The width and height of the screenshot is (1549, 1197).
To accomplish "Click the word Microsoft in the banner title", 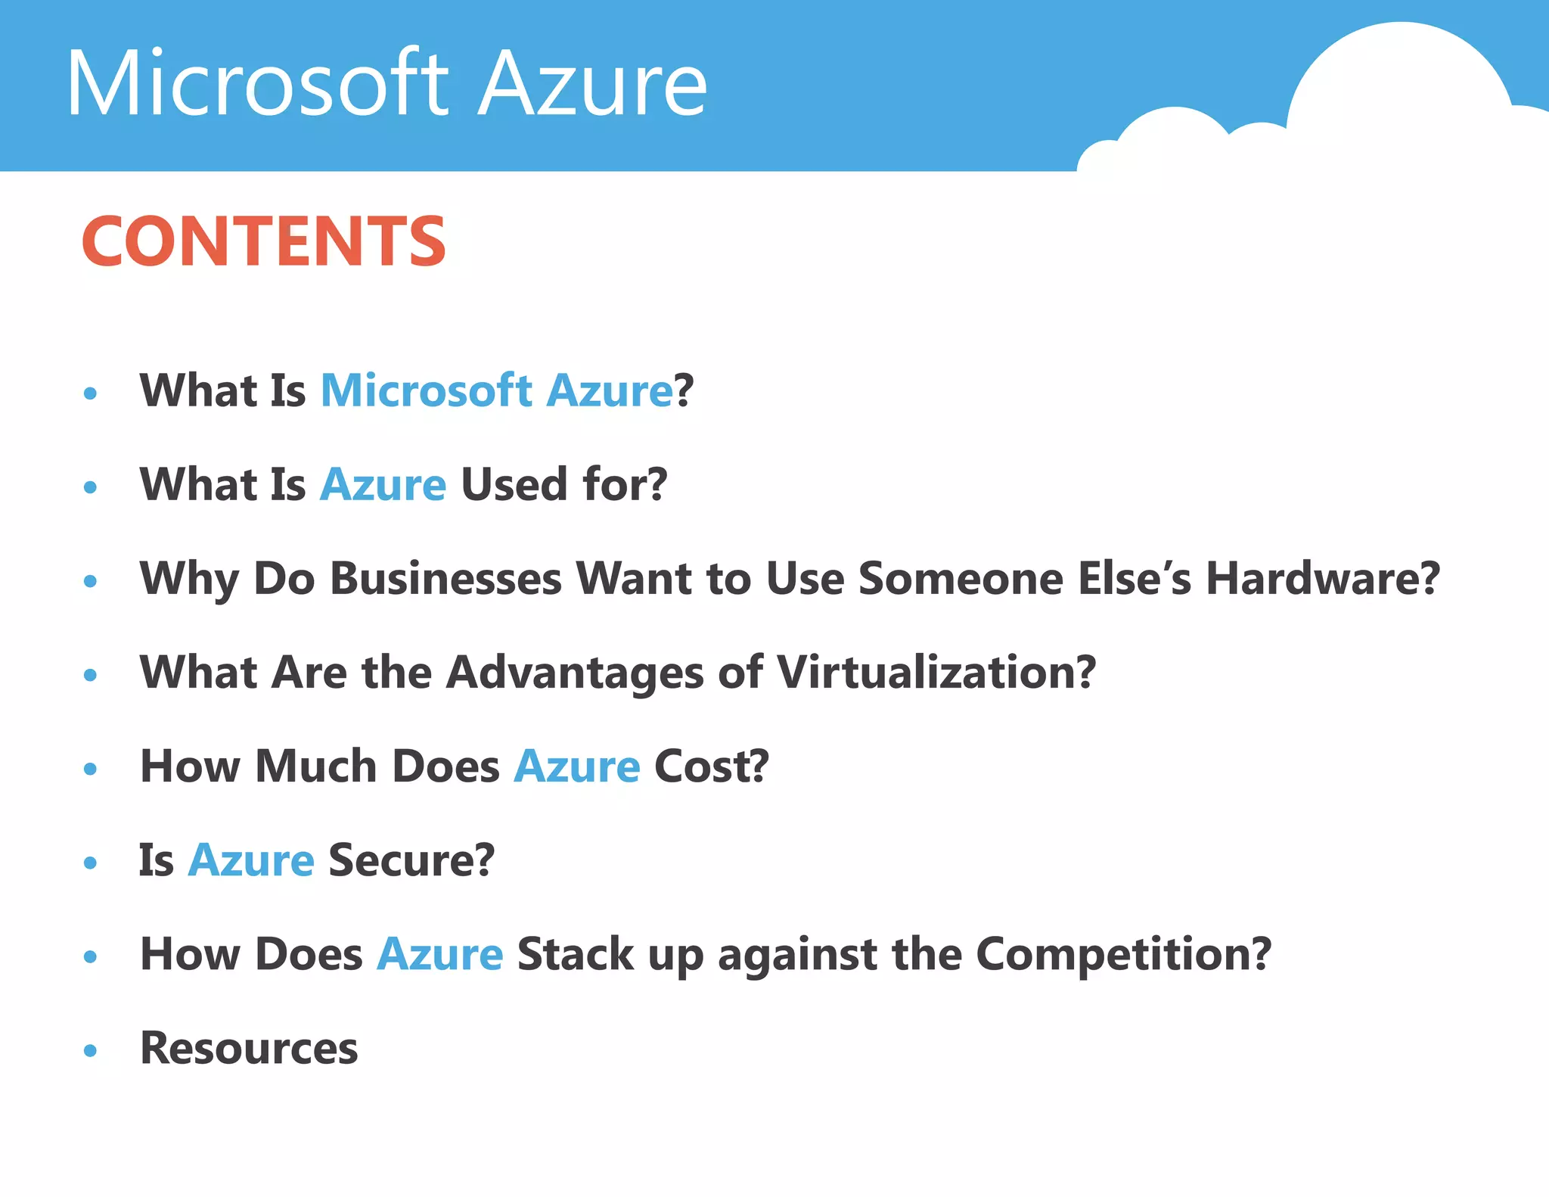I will [x=257, y=83].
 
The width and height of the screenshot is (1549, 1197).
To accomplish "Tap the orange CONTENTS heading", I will [x=263, y=241].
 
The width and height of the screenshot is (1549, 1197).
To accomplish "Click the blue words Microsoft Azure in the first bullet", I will [x=496, y=390].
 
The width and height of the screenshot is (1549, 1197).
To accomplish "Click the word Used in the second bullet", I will [x=514, y=484].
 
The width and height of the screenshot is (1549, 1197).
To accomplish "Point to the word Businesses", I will [x=445, y=579].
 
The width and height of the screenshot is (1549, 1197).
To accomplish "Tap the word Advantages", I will [x=575, y=673].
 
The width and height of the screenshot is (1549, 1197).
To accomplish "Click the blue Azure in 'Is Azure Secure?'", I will [x=250, y=860].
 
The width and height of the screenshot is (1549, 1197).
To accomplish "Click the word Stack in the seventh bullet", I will [x=575, y=954].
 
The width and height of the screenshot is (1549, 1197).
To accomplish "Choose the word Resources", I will [x=249, y=1049].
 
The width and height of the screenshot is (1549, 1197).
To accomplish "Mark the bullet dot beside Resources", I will [x=91, y=1050].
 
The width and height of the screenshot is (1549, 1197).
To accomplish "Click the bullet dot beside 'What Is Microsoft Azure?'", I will [x=91, y=393].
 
